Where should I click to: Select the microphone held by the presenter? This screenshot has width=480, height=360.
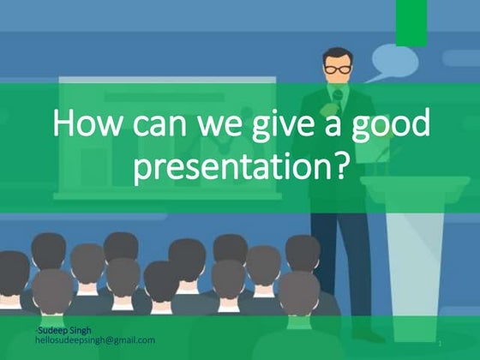(x=338, y=95)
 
